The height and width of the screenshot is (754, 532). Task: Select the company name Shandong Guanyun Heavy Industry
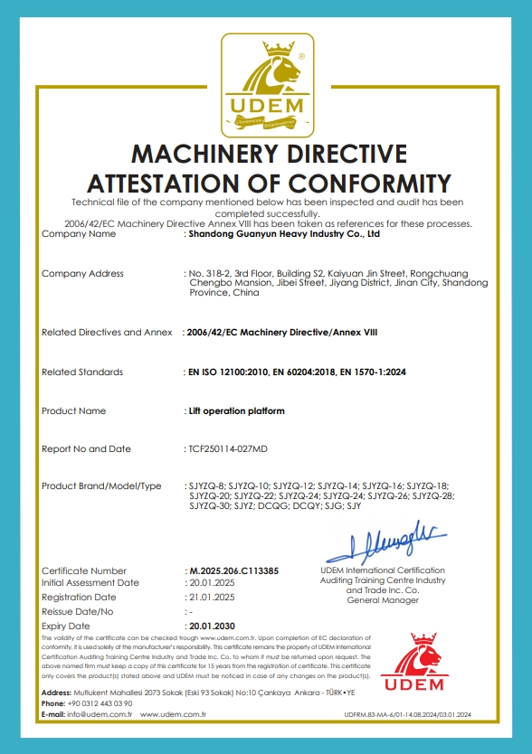(x=282, y=234)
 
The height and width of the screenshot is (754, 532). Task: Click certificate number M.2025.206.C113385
(x=233, y=571)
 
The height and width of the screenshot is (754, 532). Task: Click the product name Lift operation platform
(x=235, y=411)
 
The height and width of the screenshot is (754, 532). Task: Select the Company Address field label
(x=82, y=273)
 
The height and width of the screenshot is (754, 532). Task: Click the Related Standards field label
(x=82, y=372)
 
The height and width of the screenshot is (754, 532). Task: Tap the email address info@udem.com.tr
(x=99, y=714)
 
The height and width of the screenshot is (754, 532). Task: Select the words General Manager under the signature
(x=383, y=599)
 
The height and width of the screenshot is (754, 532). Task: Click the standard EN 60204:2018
(x=306, y=372)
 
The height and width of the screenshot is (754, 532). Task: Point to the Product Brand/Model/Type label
(x=101, y=486)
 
